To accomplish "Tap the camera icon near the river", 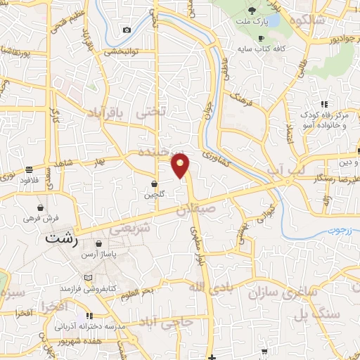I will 127,30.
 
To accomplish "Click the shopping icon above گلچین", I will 154,184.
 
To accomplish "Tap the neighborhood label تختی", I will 153,111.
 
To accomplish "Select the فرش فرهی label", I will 42,219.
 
